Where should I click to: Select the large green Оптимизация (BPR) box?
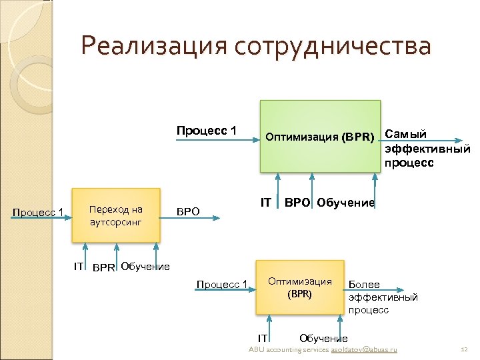click(x=320, y=137)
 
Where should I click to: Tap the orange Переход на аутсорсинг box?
click(x=116, y=215)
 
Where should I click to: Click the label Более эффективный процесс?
click(x=383, y=297)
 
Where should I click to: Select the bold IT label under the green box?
click(x=265, y=202)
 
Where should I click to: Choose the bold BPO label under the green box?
click(x=297, y=202)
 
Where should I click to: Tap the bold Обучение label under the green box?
click(x=346, y=202)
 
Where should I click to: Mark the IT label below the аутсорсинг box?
click(x=78, y=267)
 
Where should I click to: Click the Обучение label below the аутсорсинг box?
click(x=145, y=267)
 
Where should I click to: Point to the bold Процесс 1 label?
click(x=206, y=130)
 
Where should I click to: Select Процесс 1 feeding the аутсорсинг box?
click(x=38, y=213)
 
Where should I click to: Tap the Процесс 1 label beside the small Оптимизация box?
click(x=221, y=285)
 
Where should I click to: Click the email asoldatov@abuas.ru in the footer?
click(x=364, y=349)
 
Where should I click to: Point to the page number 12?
click(x=465, y=349)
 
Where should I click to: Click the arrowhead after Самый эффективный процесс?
click(x=458, y=140)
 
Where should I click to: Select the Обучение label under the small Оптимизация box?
click(x=324, y=339)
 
